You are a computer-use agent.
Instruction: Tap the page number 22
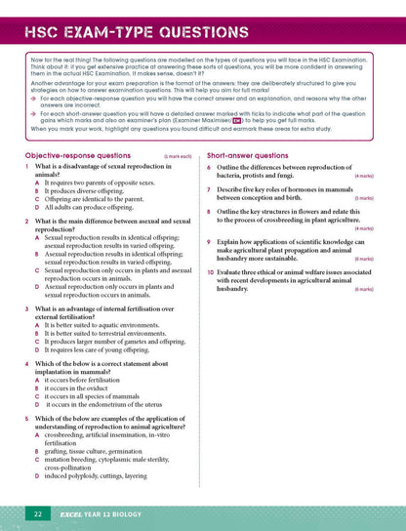point(37,513)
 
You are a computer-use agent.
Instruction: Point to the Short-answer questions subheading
point(247,155)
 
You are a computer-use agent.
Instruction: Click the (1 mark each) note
point(178,156)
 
